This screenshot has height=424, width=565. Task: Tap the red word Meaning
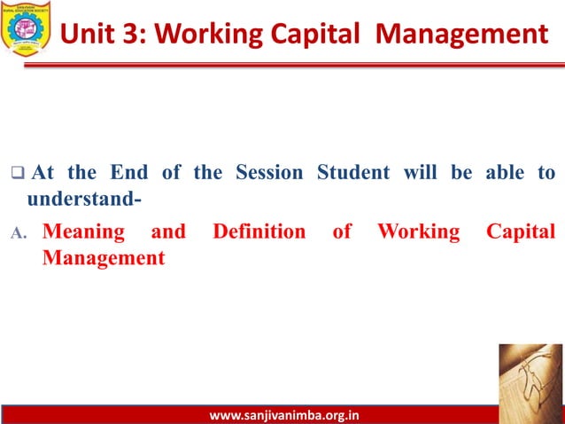coord(84,232)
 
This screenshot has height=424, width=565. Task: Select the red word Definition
coord(259,232)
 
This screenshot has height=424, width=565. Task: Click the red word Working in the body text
coord(419,232)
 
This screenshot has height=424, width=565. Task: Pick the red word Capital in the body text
coord(521,232)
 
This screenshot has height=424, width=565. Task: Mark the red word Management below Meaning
coord(104,258)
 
